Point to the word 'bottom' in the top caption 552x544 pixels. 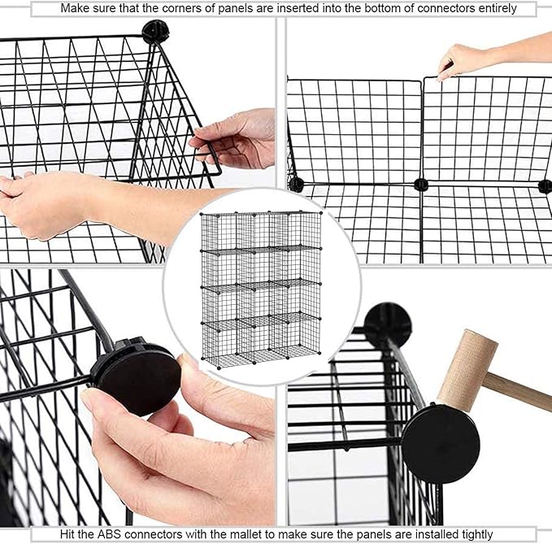pyautogui.click(x=392, y=8)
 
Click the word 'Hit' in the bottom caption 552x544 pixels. pyautogui.click(x=70, y=534)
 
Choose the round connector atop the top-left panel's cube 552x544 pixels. pyautogui.click(x=154, y=32)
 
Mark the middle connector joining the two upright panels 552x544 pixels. pyautogui.click(x=420, y=184)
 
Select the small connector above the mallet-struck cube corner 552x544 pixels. pyautogui.click(x=387, y=324)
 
